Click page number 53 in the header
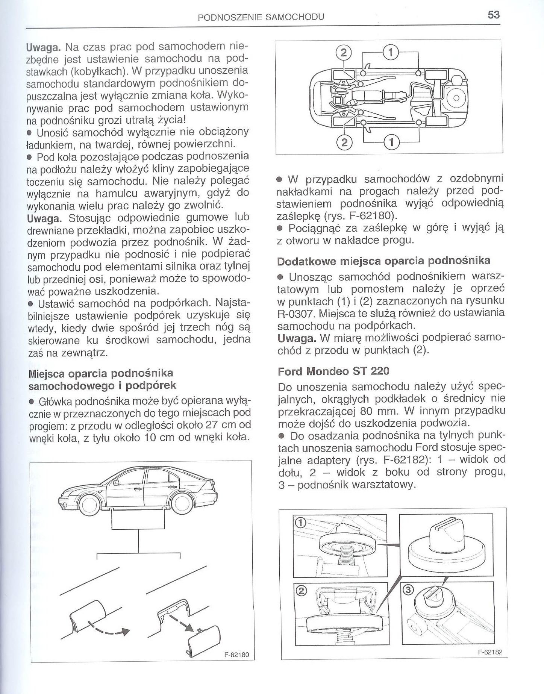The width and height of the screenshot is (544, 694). [493, 15]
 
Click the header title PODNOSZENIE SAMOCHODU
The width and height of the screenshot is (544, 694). [261, 17]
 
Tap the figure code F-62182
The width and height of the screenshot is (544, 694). [490, 652]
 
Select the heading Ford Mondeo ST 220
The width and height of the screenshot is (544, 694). [333, 371]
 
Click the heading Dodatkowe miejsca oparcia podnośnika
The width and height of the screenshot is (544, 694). [383, 261]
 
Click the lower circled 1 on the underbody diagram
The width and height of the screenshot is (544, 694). [391, 142]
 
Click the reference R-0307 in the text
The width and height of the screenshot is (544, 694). [297, 314]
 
